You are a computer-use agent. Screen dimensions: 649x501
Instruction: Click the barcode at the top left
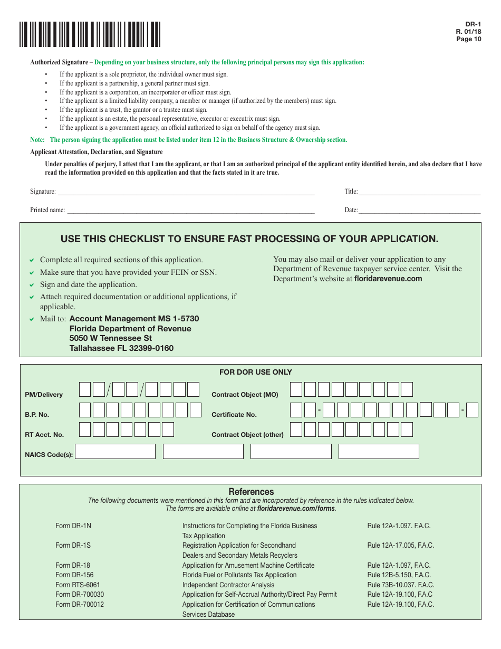(x=90, y=35)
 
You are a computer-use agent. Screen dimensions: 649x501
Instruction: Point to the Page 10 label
(x=468, y=39)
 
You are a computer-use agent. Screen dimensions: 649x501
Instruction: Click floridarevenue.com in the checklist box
(x=388, y=279)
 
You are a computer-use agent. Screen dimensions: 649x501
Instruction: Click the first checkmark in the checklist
(x=32, y=260)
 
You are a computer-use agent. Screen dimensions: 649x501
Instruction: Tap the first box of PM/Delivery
(x=85, y=389)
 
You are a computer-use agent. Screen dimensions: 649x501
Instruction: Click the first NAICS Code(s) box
(x=116, y=452)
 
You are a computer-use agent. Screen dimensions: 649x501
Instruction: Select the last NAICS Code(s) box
(x=379, y=452)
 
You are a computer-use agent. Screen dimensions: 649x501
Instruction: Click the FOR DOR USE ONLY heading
(x=255, y=372)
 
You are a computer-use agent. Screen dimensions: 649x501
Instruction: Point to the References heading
(x=251, y=491)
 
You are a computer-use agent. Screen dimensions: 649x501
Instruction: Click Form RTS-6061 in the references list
(x=78, y=585)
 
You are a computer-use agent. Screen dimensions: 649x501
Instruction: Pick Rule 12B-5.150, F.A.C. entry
(x=399, y=575)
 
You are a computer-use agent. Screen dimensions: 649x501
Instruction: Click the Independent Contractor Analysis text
(x=228, y=585)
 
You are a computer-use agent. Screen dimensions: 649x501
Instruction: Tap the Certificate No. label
(x=234, y=415)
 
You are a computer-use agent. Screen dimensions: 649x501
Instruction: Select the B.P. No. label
(x=37, y=415)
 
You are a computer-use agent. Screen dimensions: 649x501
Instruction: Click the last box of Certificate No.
(x=472, y=410)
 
